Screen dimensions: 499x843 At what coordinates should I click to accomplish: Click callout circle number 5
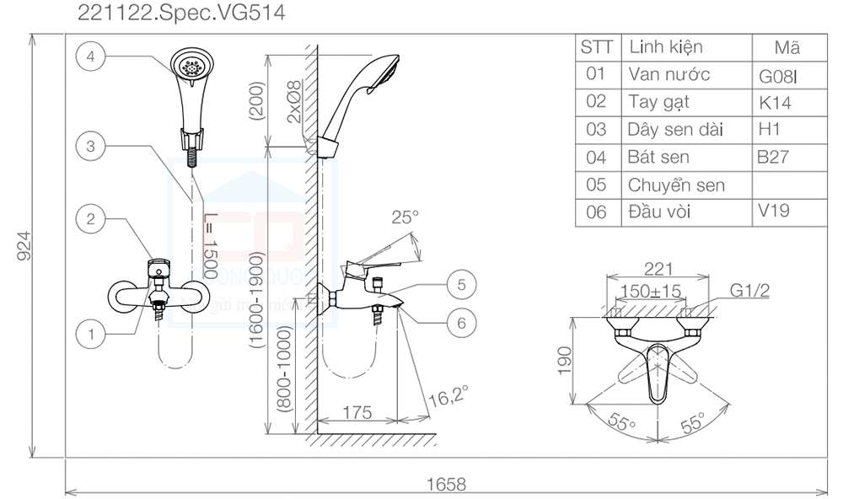(x=461, y=285)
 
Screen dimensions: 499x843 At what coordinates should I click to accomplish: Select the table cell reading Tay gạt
(x=659, y=102)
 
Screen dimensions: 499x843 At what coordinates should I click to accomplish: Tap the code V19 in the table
(x=774, y=210)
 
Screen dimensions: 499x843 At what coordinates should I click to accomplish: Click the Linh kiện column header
(x=665, y=47)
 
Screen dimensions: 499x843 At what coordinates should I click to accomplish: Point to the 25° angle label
(x=405, y=217)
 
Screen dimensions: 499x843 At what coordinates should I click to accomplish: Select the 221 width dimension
(x=658, y=269)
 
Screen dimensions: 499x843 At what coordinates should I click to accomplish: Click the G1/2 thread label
(x=750, y=291)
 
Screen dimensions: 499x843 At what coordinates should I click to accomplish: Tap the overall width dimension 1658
(x=446, y=484)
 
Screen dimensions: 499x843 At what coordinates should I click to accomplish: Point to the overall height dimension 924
(x=24, y=245)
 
